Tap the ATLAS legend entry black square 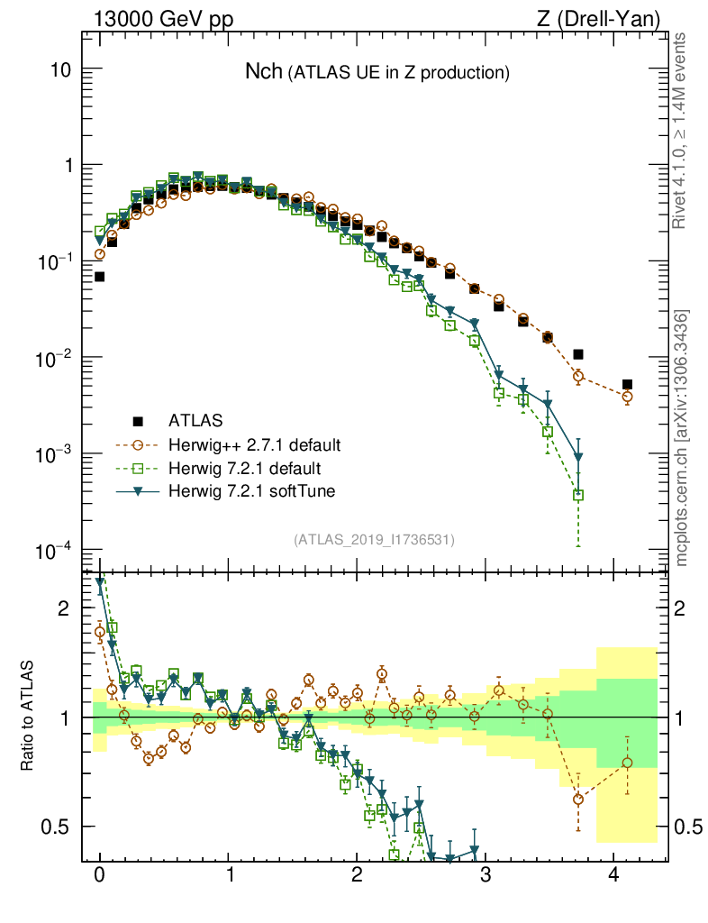pos(138,420)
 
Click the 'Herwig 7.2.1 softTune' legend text pos(251,491)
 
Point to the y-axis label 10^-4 pos(54,550)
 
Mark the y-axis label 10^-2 pos(54,358)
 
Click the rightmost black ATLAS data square pos(627,384)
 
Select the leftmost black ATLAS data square pos(99,277)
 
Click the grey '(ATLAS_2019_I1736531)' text pos(374,539)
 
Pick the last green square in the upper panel pos(578,495)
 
